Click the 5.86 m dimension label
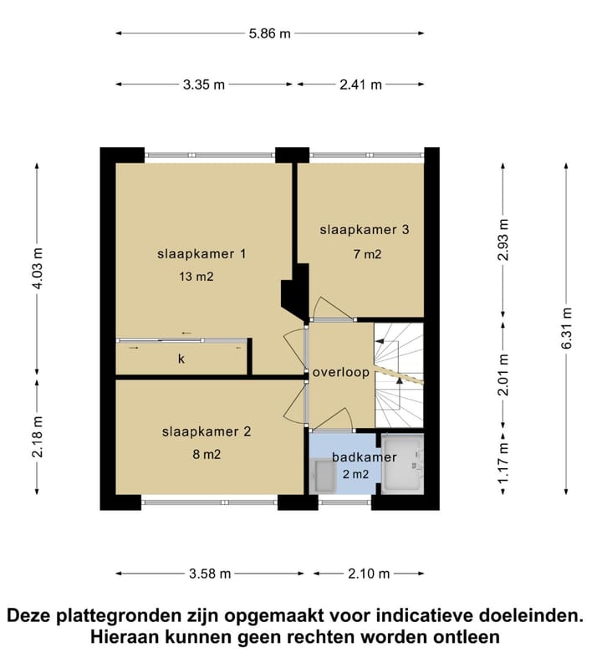(270, 33)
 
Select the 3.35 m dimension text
(203, 84)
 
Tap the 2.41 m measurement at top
(360, 84)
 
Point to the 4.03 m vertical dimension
(36, 268)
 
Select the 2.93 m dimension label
(502, 241)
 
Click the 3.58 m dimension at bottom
(210, 574)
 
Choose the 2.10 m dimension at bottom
(369, 574)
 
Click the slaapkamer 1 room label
(202, 253)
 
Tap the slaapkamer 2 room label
(207, 432)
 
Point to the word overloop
(341, 373)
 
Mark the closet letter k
(181, 359)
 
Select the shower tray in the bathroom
(402, 462)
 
